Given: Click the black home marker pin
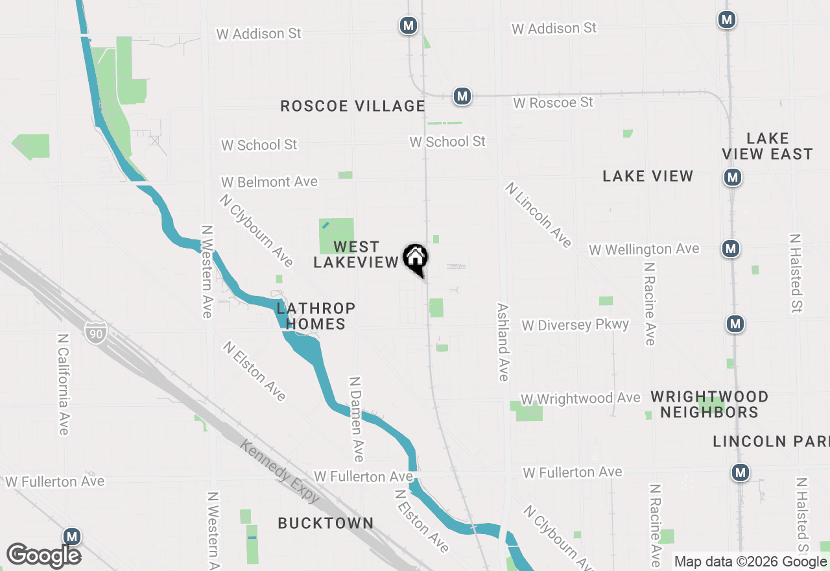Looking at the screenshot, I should click(416, 258).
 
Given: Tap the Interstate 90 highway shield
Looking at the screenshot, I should click(95, 334).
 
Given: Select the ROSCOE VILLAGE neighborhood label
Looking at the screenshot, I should click(353, 106).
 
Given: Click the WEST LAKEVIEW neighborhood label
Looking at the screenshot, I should click(356, 254).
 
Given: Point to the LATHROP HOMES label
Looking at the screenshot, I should click(316, 315).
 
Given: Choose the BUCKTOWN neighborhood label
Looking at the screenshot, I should click(326, 523).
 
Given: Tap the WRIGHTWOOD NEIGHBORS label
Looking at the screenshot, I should click(709, 404).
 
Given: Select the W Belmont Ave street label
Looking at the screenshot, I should click(269, 182).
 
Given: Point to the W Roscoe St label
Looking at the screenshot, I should click(553, 103).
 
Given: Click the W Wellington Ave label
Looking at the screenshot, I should click(644, 249).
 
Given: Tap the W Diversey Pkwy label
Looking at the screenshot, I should click(575, 324).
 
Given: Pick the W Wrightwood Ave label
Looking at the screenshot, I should click(580, 398).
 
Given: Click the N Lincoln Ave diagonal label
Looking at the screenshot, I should click(539, 215).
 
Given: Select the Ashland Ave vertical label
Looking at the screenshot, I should click(503, 341).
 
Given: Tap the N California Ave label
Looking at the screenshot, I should click(63, 384).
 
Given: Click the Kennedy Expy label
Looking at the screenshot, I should click(279, 470).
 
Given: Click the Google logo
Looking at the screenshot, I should click(44, 555).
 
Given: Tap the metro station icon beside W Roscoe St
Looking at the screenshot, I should click(462, 96).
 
